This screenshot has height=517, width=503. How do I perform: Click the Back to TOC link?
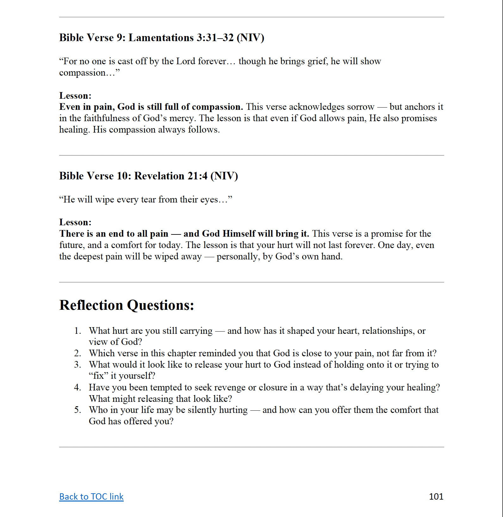click(x=91, y=497)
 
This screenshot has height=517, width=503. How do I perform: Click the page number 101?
click(x=436, y=496)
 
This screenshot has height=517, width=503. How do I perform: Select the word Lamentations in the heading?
click(x=161, y=38)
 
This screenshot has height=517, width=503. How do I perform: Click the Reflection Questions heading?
click(x=127, y=305)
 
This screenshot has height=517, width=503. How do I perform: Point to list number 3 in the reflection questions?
click(x=78, y=364)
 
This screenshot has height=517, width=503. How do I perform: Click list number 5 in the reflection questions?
click(x=78, y=410)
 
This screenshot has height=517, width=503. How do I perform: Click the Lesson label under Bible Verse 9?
click(x=75, y=96)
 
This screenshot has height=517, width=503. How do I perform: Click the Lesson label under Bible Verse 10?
click(x=75, y=222)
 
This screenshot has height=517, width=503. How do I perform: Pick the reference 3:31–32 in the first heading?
click(x=215, y=38)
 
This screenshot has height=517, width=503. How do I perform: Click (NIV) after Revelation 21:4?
click(x=224, y=176)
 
